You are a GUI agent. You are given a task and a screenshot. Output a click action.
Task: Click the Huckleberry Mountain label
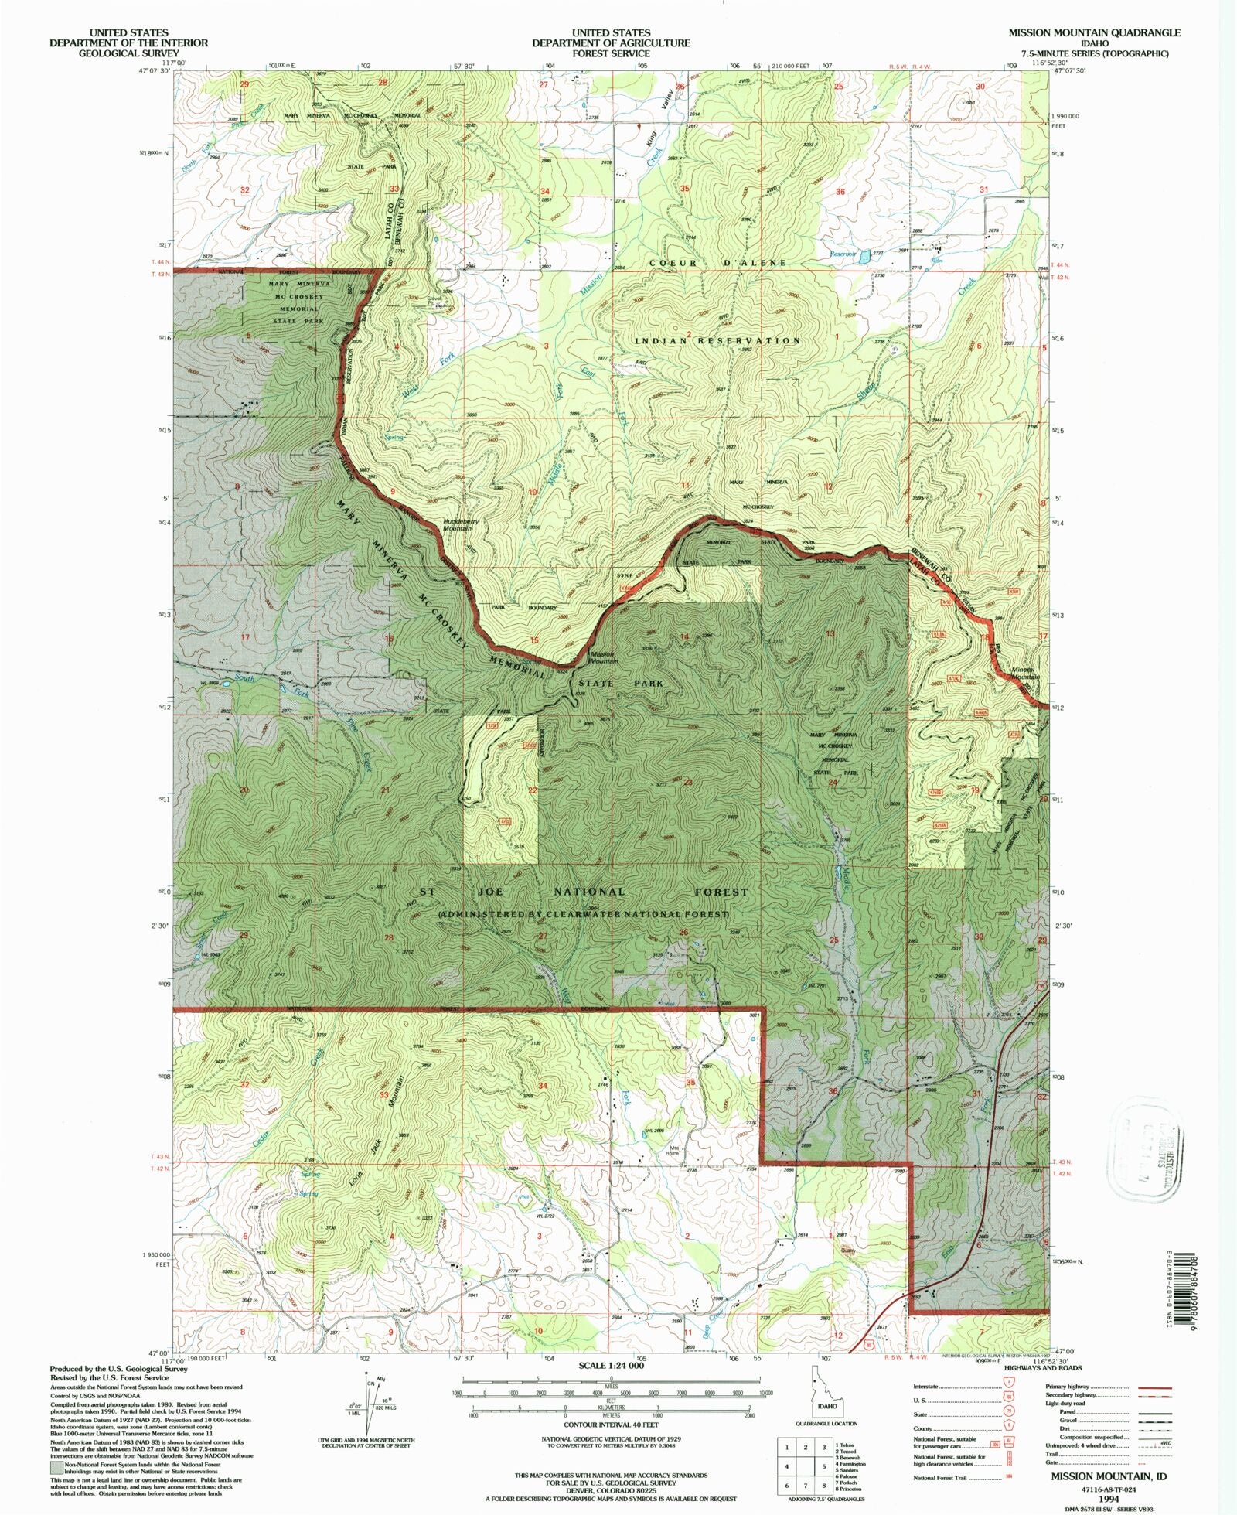click(461, 524)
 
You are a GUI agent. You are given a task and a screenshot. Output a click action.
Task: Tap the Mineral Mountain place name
click(1023, 674)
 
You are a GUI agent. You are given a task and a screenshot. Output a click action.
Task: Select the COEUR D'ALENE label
click(717, 263)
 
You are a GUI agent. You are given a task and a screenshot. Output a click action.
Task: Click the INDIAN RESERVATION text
click(717, 340)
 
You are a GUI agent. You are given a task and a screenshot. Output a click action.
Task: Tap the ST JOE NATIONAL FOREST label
click(584, 892)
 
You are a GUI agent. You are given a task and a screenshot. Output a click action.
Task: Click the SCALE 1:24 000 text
click(611, 1366)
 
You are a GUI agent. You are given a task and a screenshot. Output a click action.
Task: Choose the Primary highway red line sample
click(1154, 1387)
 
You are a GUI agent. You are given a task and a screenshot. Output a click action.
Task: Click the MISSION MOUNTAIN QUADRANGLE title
click(1093, 32)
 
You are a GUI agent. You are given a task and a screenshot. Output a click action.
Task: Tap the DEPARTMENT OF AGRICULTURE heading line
click(610, 43)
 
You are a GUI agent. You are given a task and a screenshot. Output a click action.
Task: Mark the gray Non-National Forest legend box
click(57, 1466)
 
